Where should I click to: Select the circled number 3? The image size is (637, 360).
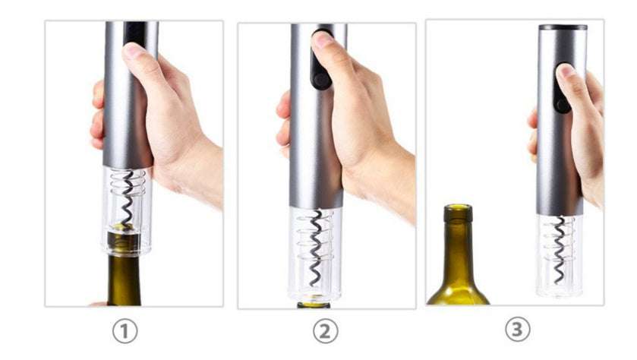[x=517, y=330]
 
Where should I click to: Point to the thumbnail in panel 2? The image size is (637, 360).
[x=323, y=39]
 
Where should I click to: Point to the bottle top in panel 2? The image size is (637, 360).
[x=314, y=305]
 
